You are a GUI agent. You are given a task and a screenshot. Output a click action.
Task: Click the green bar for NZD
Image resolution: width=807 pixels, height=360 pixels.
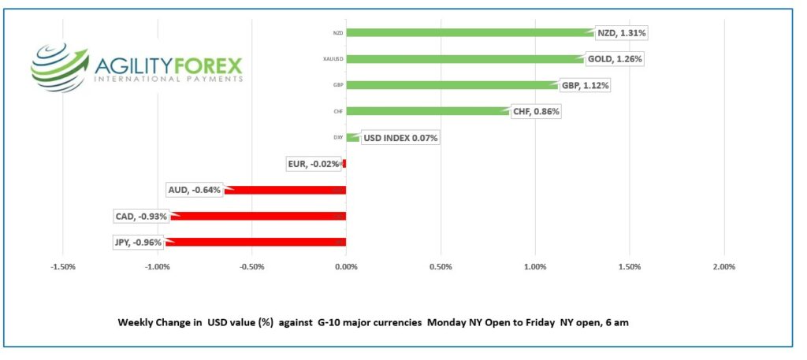coord(469,32)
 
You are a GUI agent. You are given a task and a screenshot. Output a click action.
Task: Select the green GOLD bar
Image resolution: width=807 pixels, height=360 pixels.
coord(465,58)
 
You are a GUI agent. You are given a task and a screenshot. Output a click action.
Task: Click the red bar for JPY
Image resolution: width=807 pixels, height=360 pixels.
coord(255,242)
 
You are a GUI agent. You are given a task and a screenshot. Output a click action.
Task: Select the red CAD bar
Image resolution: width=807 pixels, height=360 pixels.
coord(258,216)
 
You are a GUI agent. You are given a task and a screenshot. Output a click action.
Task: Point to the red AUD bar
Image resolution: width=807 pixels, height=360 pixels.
coord(285,190)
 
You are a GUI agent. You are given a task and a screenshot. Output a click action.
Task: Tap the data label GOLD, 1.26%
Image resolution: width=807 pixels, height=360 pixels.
coord(615,59)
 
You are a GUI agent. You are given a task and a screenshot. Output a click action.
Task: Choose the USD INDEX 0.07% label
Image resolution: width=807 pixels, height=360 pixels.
coord(400,139)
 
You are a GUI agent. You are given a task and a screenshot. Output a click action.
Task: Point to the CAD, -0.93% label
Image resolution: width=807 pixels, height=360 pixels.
coord(143,216)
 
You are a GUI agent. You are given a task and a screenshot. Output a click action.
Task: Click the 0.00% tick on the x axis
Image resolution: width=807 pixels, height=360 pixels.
coord(346,267)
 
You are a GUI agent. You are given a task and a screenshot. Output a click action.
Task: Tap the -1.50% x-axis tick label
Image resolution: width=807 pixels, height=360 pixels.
coord(62,267)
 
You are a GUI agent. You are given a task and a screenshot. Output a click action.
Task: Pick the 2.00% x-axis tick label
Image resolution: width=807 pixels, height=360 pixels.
coord(723,267)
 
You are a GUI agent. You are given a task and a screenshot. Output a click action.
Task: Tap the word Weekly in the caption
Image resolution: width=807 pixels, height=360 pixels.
coord(136,323)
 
